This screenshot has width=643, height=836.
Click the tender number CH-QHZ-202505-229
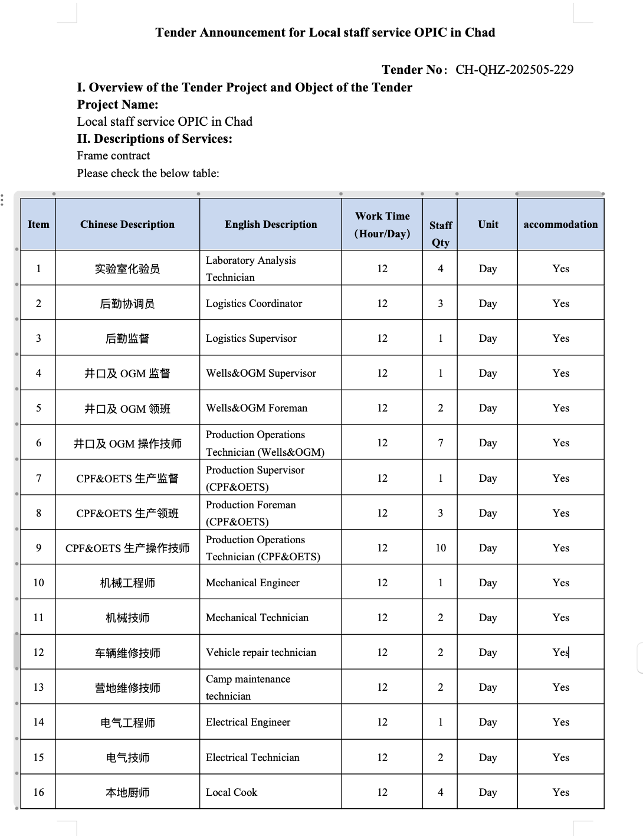pos(514,70)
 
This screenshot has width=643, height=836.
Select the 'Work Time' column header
pos(382,224)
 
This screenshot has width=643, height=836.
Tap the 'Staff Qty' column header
pos(440,233)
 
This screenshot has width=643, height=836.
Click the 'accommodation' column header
pos(560,224)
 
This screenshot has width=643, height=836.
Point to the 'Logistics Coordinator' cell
pos(254,303)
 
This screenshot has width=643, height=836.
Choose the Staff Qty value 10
pos(441,548)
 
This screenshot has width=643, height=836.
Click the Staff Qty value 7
pos(441,443)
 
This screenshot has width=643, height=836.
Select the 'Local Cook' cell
pos(231,792)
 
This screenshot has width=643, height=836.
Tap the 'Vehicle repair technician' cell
pos(261,652)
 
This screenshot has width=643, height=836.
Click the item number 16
pos(38,792)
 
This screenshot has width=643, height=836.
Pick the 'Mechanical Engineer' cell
pos(252,583)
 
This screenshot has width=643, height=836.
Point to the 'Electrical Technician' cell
pos(252,757)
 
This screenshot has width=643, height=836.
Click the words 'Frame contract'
pos(113,156)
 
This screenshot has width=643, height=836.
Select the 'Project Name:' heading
pos(117,105)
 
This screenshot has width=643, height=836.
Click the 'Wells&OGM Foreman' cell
pos(257,408)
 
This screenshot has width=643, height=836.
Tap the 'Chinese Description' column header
pos(127,224)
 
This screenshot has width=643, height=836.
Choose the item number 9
pos(38,548)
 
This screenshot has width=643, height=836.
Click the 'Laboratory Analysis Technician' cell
pos(251,269)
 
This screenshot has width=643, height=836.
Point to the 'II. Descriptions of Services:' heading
pos(155,139)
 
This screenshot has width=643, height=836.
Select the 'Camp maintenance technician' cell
pos(248,687)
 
